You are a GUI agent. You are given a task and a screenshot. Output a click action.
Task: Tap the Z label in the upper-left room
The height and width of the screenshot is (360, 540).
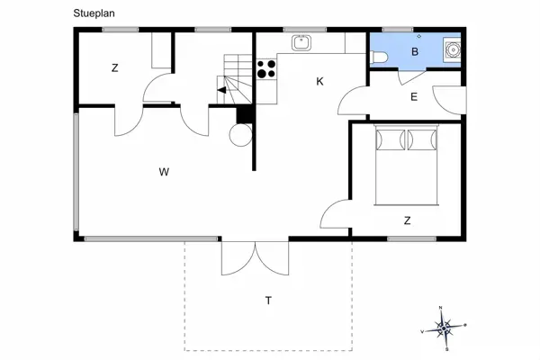point(115,68)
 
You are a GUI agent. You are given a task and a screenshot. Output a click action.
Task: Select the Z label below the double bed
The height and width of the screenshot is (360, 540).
point(407,220)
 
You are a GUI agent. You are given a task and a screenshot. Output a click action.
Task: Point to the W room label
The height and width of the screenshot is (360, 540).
point(164,171)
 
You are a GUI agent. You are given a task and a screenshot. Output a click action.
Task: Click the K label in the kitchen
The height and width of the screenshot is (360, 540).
point(319,82)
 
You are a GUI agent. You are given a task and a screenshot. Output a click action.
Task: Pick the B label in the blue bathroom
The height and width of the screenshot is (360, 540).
point(415,52)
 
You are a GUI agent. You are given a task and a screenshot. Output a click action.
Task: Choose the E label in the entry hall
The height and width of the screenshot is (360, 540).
point(414,97)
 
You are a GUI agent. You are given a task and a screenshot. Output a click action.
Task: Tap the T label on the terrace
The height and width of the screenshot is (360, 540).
point(267,300)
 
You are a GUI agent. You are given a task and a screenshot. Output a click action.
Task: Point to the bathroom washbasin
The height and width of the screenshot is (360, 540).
point(453,49)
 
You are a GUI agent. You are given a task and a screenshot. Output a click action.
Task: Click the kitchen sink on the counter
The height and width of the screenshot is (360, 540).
point(300,41)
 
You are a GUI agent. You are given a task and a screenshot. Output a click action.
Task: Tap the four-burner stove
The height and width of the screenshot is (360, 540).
point(266,70)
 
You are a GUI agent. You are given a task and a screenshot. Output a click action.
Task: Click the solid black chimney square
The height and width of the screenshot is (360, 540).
point(242,114)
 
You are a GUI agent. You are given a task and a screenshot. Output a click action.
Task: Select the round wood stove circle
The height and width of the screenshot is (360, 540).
point(241,134)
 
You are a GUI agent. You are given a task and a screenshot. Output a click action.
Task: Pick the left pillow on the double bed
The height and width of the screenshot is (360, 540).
point(391,140)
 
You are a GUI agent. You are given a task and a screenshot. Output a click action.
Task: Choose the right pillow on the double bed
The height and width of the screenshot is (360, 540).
point(422,140)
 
